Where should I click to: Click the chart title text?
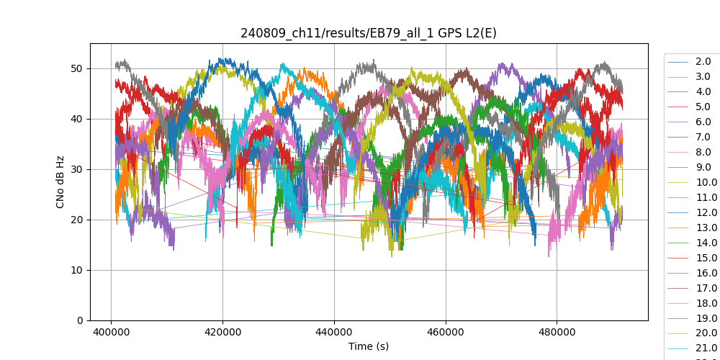pyautogui.click(x=369, y=33)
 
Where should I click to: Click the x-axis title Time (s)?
pyautogui.click(x=369, y=346)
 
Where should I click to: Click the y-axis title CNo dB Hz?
pyautogui.click(x=60, y=181)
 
